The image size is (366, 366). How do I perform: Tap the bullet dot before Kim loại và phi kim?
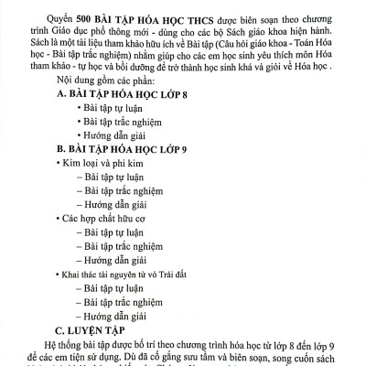pyautogui.click(x=59, y=186)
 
